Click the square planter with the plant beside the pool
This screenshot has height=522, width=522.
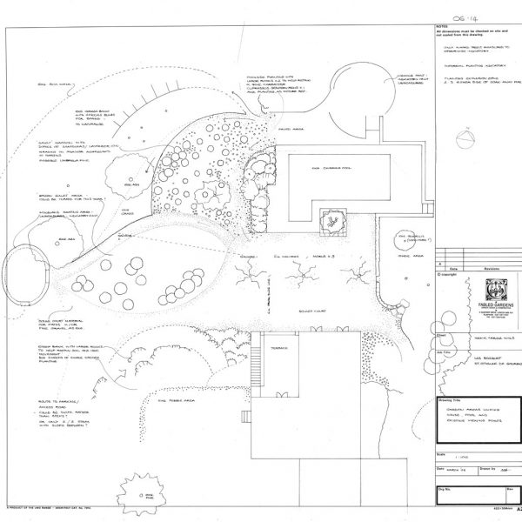coord(332,222)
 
